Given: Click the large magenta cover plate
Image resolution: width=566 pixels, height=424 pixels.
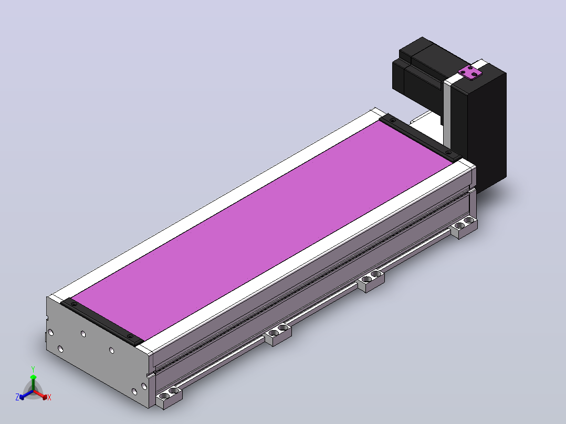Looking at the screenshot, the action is pos(261,231).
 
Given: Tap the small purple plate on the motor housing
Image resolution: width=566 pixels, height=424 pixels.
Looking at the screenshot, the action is pos(470,72).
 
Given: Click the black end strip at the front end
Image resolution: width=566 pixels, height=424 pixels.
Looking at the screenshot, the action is pos(102,322).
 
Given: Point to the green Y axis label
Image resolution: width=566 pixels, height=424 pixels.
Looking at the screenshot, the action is pos(33,369).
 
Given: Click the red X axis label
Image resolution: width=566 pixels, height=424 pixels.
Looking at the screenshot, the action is pos(49,397).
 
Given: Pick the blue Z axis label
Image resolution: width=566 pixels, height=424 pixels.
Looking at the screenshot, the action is pos(17,397).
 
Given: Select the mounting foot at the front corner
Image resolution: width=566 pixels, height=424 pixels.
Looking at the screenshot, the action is pos(169,398).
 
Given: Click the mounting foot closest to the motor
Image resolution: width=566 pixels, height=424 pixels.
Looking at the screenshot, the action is pos(464,227).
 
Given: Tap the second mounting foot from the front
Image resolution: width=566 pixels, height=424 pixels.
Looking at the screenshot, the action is pos(278,334).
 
